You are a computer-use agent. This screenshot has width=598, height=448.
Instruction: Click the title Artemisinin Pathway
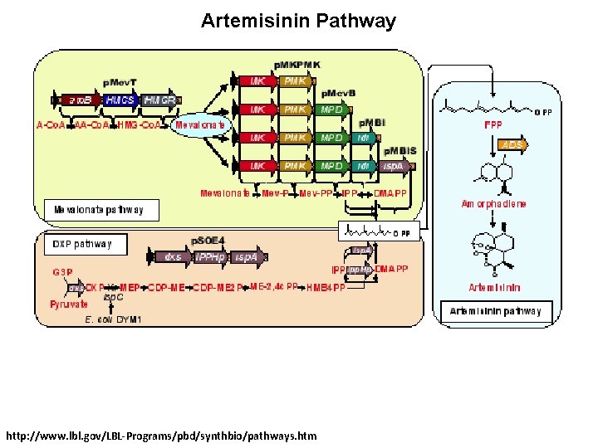(298, 21)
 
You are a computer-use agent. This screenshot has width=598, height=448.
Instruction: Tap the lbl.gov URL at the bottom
(160, 435)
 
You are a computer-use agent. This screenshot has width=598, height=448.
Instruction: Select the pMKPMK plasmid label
(297, 65)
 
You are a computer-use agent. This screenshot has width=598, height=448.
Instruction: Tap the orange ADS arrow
(510, 145)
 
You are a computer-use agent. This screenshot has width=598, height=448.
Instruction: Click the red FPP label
(493, 125)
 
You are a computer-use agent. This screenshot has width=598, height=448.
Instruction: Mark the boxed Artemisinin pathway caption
(495, 311)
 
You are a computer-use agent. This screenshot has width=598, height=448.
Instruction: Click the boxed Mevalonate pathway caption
(99, 210)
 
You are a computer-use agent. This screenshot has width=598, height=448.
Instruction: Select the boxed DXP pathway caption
(81, 245)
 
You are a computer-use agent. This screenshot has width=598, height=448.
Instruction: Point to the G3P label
(61, 271)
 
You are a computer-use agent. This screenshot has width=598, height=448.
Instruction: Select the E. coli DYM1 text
(113, 319)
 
